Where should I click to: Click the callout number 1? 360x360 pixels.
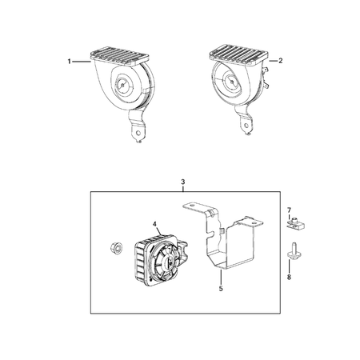coord(69,61)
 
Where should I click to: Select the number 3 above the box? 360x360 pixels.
coord(183,182)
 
